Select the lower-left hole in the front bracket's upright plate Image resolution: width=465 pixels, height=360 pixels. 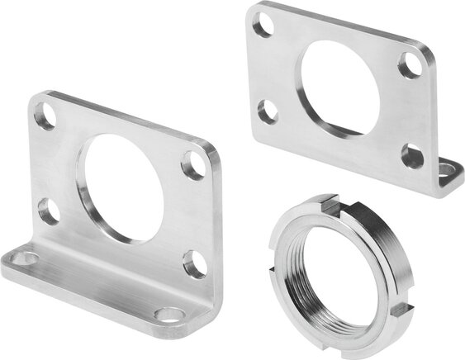[49, 211]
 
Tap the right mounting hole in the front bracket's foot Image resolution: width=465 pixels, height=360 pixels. [170, 314]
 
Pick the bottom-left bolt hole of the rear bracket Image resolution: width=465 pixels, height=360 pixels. [268, 111]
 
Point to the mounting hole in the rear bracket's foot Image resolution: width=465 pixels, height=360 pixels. [447, 171]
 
